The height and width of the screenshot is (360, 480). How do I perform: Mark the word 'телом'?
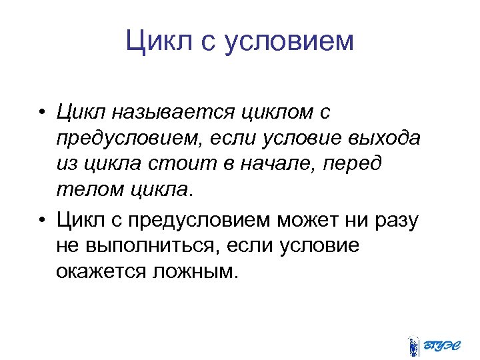84,190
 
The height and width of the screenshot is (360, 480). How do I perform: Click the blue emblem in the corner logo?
414,344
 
